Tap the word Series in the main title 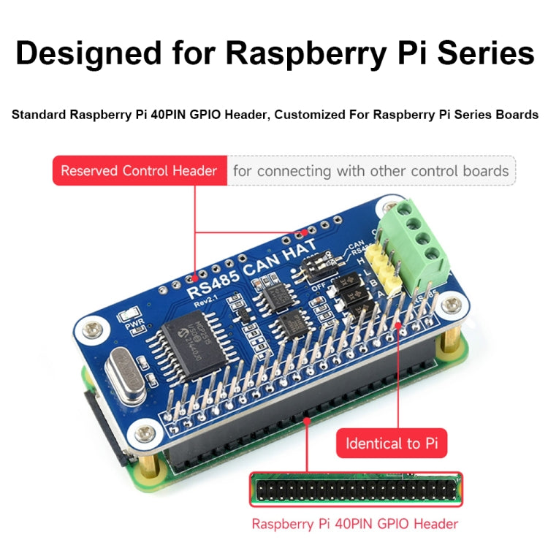(479, 54)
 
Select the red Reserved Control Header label (139, 171)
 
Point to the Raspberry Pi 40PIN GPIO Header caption (354, 523)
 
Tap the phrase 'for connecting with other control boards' (370, 171)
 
